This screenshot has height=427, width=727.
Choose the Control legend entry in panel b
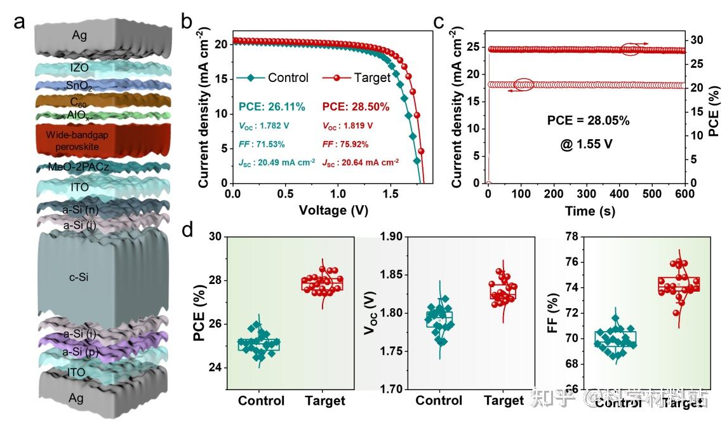[288, 78]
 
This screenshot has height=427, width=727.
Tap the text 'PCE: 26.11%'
[272, 107]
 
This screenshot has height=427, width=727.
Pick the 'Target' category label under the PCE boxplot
[324, 401]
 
